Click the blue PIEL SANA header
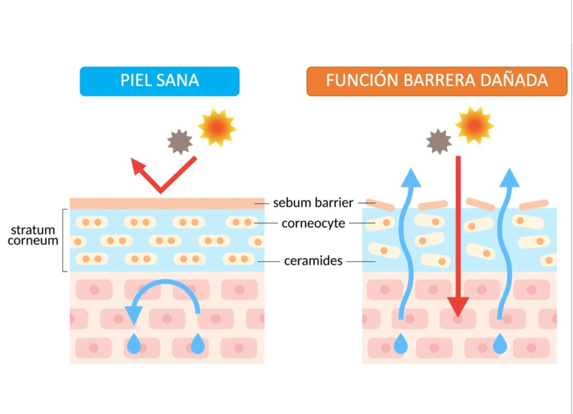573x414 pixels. pyautogui.click(x=159, y=81)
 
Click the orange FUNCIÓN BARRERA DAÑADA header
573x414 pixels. pyautogui.click(x=436, y=81)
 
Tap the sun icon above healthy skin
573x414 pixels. pyautogui.click(x=217, y=128)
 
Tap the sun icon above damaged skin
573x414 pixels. pyautogui.click(x=474, y=125)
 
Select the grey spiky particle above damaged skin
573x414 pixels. pyautogui.click(x=439, y=141)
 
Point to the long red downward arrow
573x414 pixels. pyautogui.click(x=458, y=235)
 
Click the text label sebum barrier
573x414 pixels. pyautogui.click(x=313, y=202)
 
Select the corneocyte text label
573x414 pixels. pyautogui.click(x=313, y=224)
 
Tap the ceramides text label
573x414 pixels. pyautogui.click(x=313, y=261)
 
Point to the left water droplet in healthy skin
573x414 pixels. pyautogui.click(x=134, y=343)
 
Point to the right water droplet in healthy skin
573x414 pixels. pyautogui.click(x=198, y=343)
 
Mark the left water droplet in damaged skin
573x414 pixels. pyautogui.click(x=401, y=343)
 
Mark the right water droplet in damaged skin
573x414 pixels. pyautogui.click(x=500, y=343)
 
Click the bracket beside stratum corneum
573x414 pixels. pyautogui.click(x=64, y=240)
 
